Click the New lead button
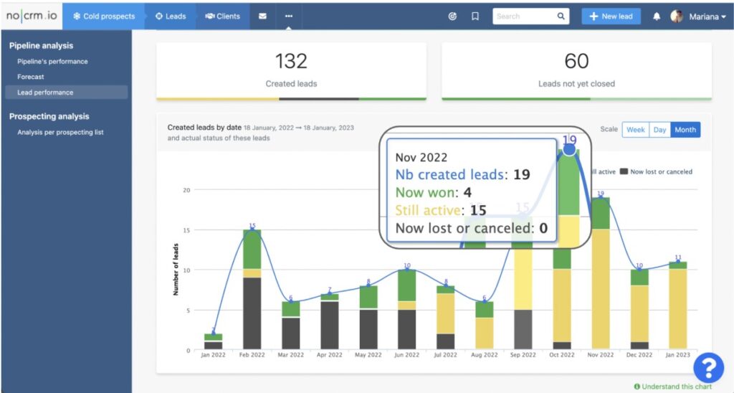tap(611, 16)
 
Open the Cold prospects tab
tap(104, 16)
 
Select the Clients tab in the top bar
tap(222, 16)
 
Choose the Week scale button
tap(636, 130)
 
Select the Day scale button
tap(659, 130)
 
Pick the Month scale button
tap(685, 130)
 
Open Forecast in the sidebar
tap(31, 77)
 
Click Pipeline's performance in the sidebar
tap(52, 62)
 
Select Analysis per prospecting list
tap(60, 132)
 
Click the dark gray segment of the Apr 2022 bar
tap(329, 326)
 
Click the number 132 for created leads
tap(291, 62)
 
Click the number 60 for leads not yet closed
tap(576, 62)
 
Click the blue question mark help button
tap(708, 369)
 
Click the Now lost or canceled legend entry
tap(656, 171)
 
